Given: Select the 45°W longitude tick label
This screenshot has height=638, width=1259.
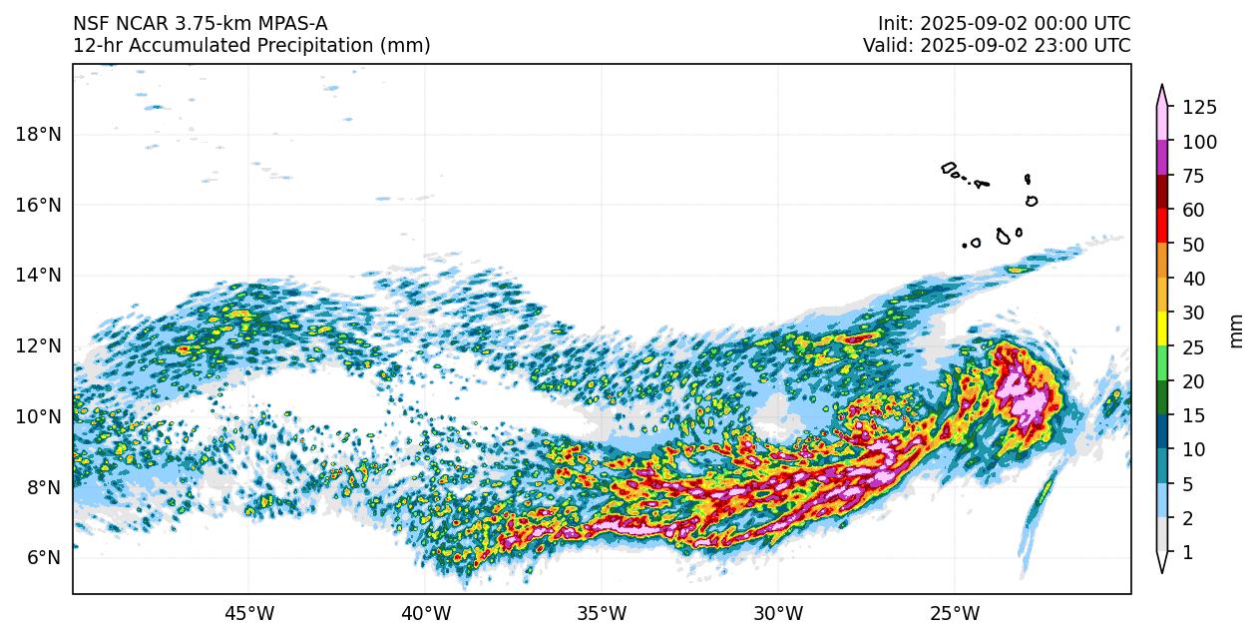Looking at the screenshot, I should pyautogui.click(x=249, y=612).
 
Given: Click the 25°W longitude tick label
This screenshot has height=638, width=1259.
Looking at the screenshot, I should pyautogui.click(x=955, y=612).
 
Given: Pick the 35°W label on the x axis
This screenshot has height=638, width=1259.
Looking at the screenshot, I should pyautogui.click(x=602, y=612).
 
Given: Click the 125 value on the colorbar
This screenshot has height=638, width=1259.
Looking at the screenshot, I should pyautogui.click(x=1199, y=108).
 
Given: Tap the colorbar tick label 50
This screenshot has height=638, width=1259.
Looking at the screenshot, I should pyautogui.click(x=1194, y=245).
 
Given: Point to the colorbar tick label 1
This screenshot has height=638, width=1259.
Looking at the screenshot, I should pyautogui.click(x=1187, y=552).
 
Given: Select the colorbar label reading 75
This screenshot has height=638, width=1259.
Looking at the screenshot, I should pyautogui.click(x=1194, y=177).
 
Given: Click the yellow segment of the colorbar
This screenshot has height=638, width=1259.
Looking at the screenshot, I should pyautogui.click(x=1162, y=329).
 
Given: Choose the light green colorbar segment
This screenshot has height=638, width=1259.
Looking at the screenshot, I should pyautogui.click(x=1162, y=363).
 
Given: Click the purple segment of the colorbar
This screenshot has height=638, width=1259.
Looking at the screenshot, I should pyautogui.click(x=1162, y=159).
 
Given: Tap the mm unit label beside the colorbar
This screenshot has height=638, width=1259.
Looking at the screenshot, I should pyautogui.click(x=1237, y=330).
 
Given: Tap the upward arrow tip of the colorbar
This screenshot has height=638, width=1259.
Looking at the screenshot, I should pyautogui.click(x=1162, y=87).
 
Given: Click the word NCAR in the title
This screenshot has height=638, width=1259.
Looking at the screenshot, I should pyautogui.click(x=138, y=23).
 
